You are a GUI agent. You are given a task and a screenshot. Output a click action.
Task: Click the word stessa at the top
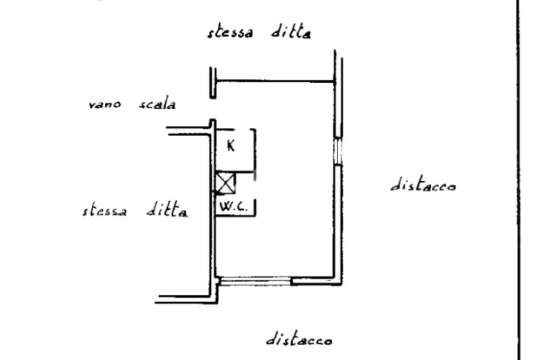tap(230, 32)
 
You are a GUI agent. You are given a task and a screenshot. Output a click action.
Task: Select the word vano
tap(104, 104)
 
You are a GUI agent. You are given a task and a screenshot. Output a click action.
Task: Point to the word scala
tap(157, 104)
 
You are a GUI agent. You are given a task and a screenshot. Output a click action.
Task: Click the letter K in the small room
tap(231, 146)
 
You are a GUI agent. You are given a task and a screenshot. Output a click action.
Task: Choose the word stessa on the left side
tap(104, 211)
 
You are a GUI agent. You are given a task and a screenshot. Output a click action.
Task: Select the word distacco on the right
tap(423, 186)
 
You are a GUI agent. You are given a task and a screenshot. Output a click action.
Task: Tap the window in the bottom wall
tap(255, 282)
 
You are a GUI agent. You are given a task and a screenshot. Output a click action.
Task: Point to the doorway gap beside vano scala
tap(213, 109)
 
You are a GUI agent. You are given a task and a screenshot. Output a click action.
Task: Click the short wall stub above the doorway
tap(213, 83)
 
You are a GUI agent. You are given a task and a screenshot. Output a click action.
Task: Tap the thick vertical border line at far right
tap(518, 179)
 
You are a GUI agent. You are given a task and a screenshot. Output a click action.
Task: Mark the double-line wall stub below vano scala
tap(187, 131)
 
